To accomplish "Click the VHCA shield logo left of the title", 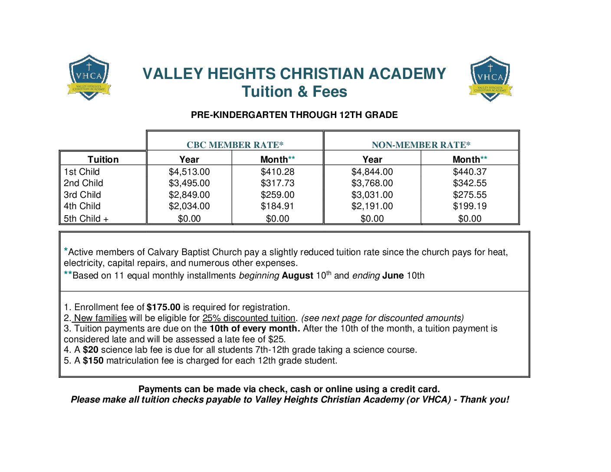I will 89,77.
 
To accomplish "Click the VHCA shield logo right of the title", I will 490,79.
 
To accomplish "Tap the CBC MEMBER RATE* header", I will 235,145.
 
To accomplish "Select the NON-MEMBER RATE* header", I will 421,145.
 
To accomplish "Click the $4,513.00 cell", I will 189,172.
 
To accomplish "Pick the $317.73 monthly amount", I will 277,183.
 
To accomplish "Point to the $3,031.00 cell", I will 372,195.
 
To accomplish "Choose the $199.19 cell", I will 470,206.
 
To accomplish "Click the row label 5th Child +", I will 86,219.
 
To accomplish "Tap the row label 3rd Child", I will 82,195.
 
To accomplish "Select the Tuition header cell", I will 103,159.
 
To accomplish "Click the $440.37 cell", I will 470,172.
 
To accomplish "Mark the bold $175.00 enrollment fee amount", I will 163,308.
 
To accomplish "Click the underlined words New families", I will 100,318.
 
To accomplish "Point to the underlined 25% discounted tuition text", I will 249,318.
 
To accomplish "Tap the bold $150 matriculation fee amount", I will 93,361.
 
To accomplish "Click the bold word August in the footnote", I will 297,275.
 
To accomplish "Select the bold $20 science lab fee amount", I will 91,350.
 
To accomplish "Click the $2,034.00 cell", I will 189,206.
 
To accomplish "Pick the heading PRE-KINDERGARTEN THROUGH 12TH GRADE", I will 294,115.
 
